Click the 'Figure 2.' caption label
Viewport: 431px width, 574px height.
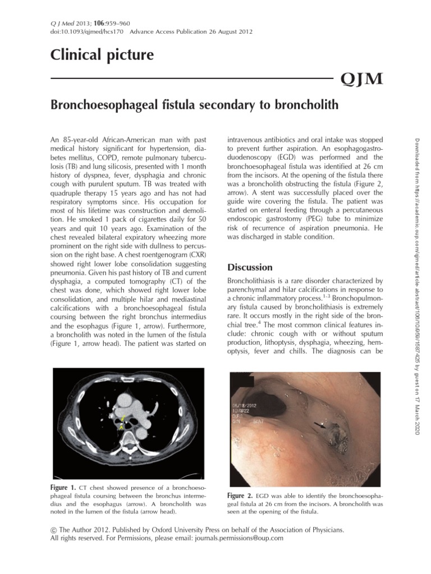coord(240,496)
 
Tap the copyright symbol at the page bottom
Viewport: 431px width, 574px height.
coord(53,529)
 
